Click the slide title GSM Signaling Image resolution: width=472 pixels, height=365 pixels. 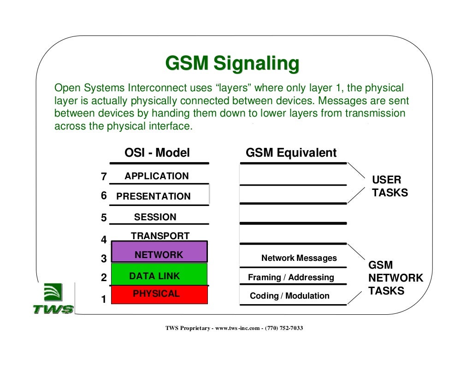tap(232, 64)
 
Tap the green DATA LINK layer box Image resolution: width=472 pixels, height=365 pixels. tap(159, 275)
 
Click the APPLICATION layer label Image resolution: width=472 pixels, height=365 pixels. tap(156, 176)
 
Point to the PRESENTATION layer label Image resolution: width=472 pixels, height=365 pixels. tap(153, 196)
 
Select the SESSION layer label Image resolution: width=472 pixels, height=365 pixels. tap(155, 217)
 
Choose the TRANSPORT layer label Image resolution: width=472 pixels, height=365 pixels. tap(160, 236)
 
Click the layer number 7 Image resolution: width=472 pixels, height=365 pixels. tap(104, 177)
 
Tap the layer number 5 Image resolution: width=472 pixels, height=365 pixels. tap(104, 218)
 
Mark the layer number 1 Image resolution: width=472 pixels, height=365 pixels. tap(104, 300)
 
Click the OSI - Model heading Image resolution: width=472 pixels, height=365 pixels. tap(157, 153)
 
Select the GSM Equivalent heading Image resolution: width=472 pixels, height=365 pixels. tap(291, 153)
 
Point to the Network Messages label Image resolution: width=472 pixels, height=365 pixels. tap(299, 258)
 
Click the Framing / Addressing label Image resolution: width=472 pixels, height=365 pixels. tap(291, 277)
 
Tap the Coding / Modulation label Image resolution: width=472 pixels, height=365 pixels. tap(289, 296)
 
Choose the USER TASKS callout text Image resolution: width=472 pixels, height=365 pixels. tap(389, 186)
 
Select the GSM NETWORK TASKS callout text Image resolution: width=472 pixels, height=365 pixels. tap(395, 278)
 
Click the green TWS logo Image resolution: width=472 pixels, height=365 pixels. tap(53, 299)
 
